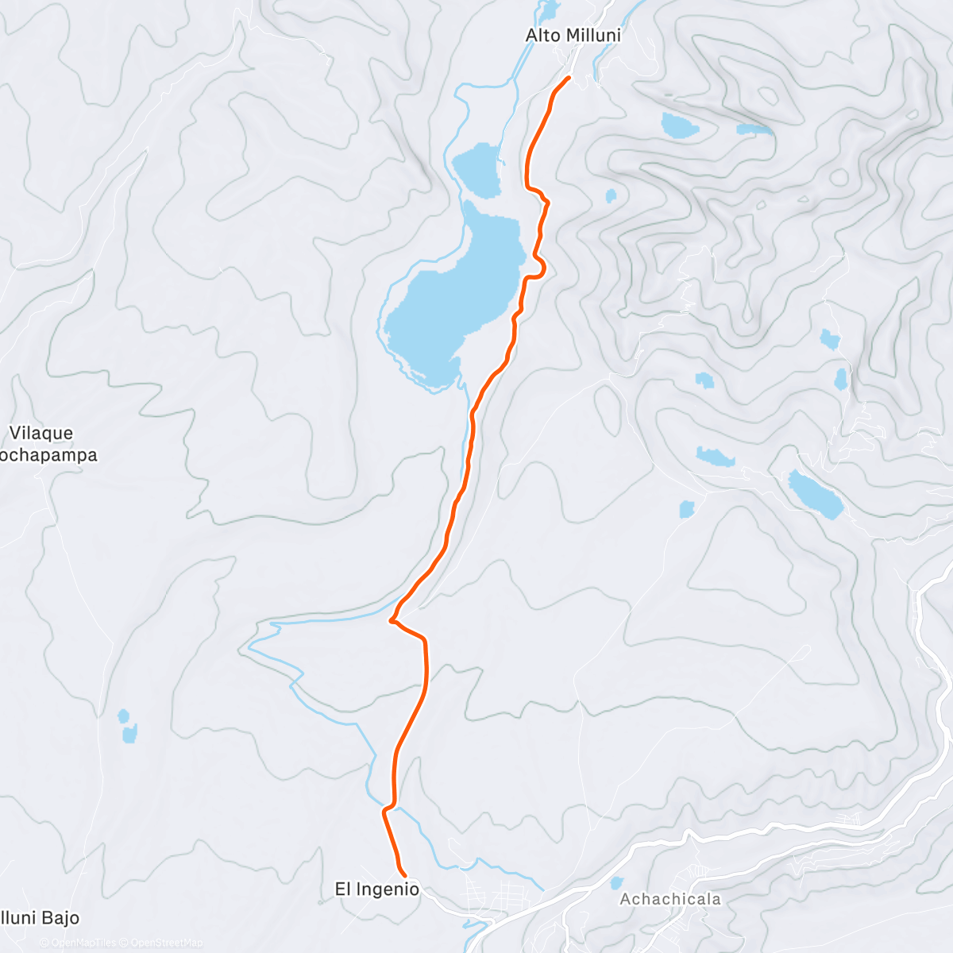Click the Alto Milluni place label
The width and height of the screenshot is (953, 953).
573,36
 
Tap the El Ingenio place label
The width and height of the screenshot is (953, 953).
376,889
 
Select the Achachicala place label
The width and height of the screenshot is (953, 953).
670,899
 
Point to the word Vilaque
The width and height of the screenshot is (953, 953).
41,433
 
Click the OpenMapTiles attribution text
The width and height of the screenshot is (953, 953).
83,943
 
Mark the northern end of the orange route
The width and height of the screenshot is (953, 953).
569,77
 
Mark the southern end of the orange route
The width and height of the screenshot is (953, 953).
406,876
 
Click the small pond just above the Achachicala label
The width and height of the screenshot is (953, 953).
616,882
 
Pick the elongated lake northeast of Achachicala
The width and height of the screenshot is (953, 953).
815,493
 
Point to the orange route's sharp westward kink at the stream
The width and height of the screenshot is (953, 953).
392,620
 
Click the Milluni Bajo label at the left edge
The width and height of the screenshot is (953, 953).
40,918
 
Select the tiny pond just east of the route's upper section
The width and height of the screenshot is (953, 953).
610,195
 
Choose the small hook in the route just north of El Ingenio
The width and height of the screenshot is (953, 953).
385,809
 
